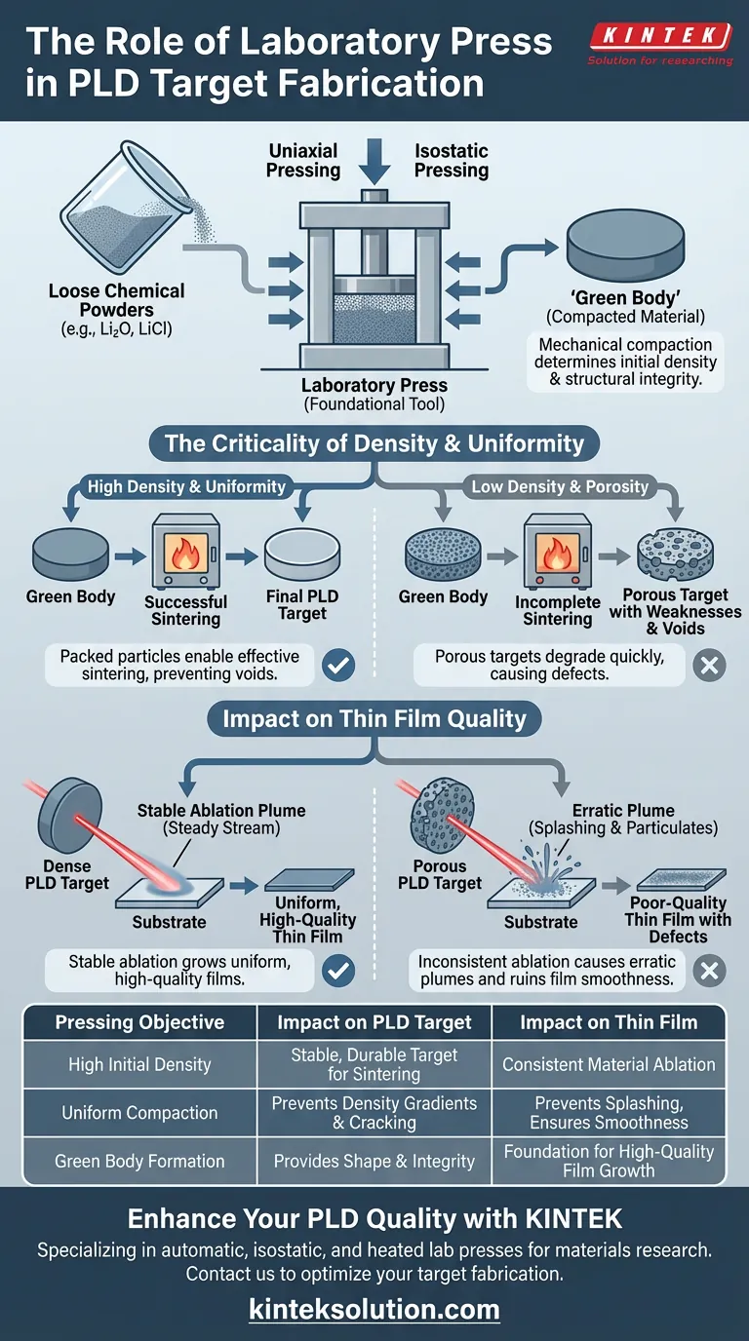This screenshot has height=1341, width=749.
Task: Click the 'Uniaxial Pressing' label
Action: click(303, 160)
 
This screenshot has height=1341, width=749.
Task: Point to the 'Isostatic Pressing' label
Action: click(451, 160)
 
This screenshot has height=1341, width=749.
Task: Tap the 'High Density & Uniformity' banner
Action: click(186, 486)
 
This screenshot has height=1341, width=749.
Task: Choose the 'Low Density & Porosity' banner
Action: click(559, 486)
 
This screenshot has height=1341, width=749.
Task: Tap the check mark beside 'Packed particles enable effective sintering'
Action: click(338, 667)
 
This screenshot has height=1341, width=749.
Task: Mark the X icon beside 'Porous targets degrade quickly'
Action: click(709, 667)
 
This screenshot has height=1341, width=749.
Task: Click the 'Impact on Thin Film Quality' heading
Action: click(374, 719)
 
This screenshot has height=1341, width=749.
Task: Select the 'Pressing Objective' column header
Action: click(139, 1022)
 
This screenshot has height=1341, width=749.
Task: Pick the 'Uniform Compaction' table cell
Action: click(139, 1113)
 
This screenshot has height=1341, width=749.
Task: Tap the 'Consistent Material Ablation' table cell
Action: click(609, 1065)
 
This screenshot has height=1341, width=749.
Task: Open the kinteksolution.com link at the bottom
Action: click(374, 1309)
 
